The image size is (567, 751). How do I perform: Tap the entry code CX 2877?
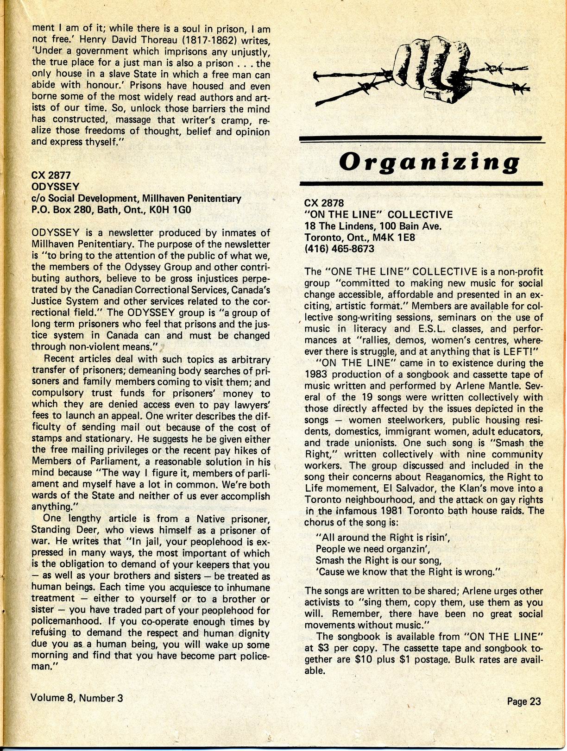tap(51, 175)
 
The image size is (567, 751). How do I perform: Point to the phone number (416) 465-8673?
tap(340, 249)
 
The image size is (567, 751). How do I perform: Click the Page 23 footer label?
tap(524, 701)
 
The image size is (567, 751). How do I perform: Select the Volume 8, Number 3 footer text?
tap(77, 697)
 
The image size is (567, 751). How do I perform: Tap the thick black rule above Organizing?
tap(421, 139)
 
